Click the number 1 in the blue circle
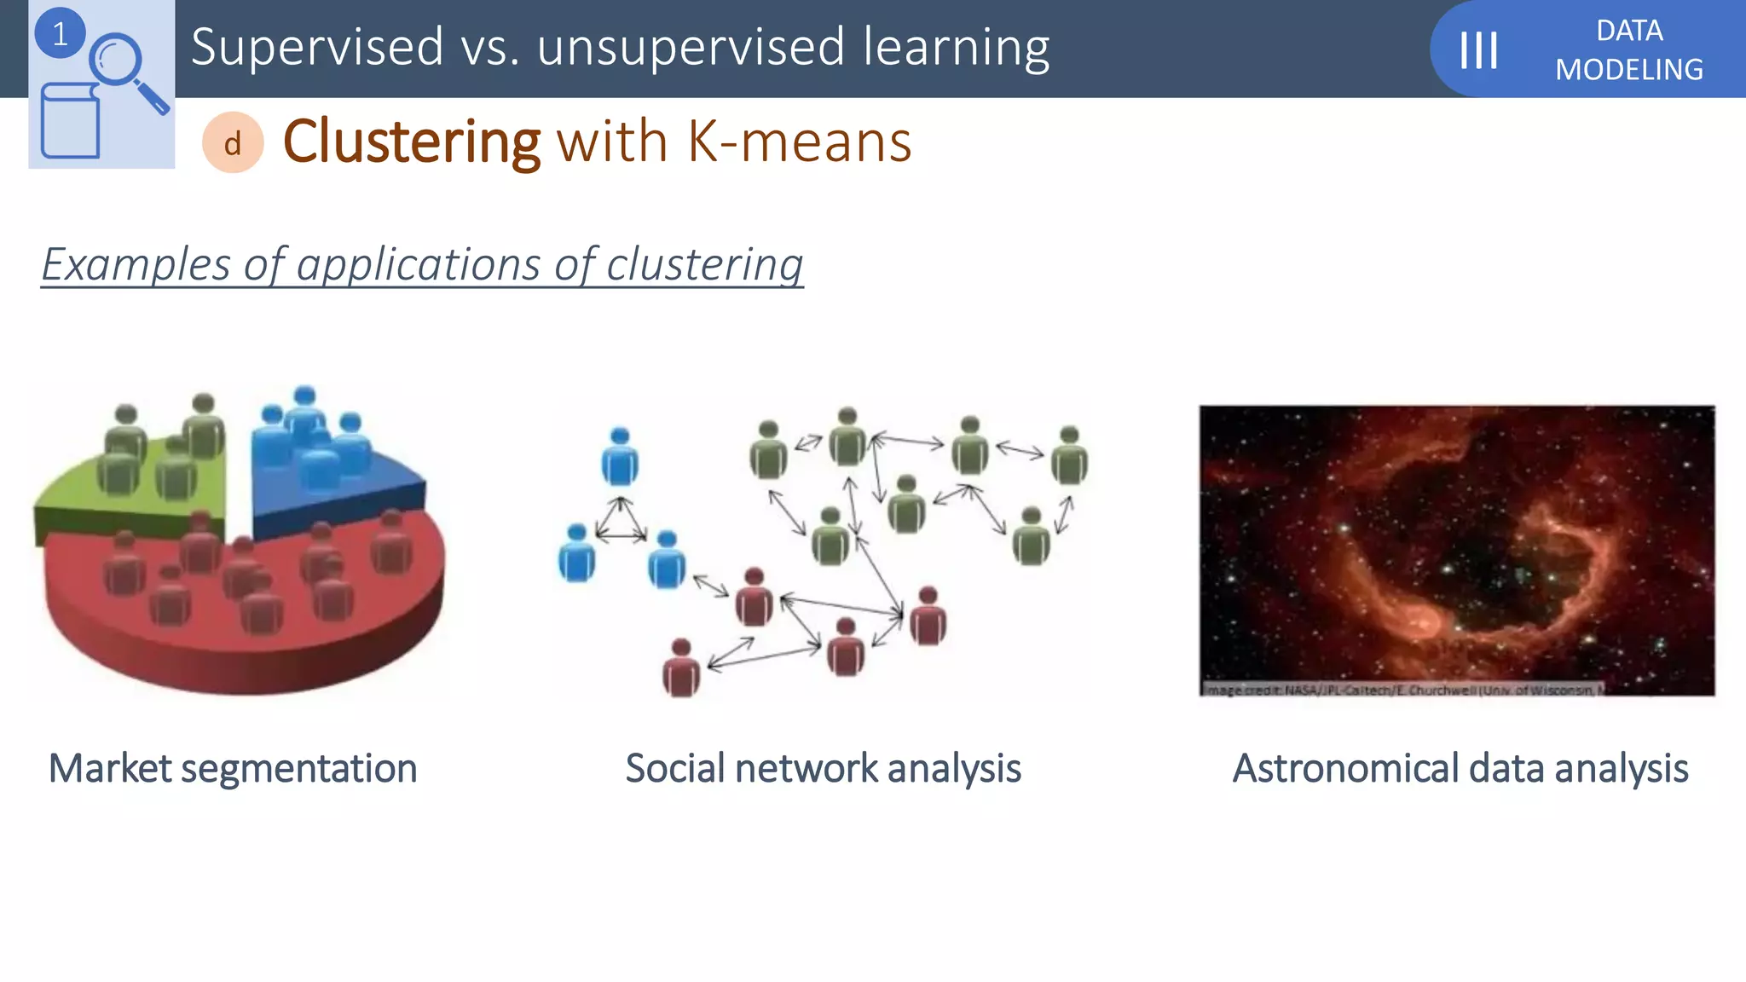tap(60, 34)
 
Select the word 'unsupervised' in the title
tap(691, 47)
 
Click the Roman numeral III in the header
tap(1478, 50)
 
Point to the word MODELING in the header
tap(1628, 70)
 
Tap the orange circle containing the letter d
tap(233, 143)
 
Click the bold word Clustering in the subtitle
tap(412, 142)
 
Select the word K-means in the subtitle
tap(799, 142)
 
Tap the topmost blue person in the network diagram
tap(620, 458)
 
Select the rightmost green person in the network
tap(1068, 457)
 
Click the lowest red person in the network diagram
tap(680, 668)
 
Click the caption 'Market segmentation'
tap(233, 768)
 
